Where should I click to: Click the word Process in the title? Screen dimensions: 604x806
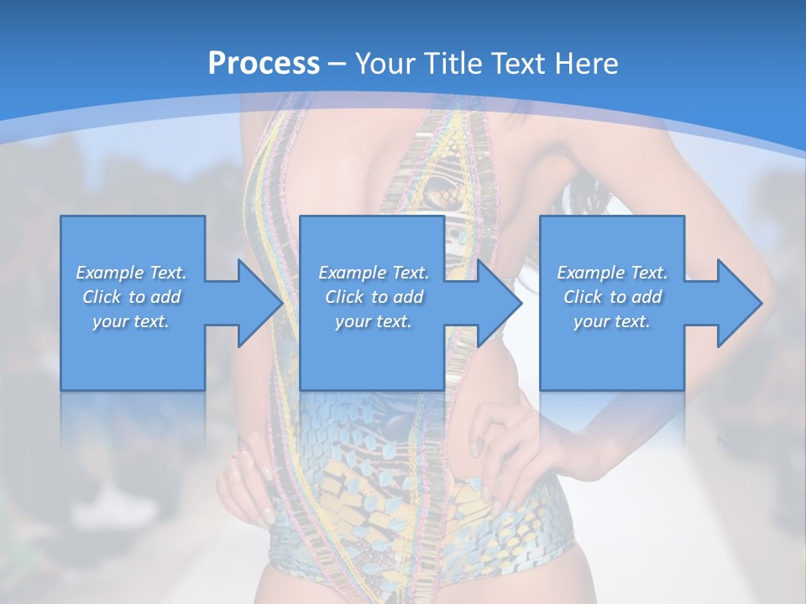tap(264, 63)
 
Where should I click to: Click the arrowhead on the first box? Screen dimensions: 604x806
tap(256, 303)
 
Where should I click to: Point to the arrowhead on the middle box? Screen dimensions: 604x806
tap(495, 303)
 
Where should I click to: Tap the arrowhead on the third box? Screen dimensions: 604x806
tap(735, 303)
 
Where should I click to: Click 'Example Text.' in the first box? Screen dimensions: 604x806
tap(131, 273)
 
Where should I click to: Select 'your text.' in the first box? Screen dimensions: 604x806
tap(131, 321)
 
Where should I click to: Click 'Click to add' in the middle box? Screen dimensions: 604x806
tap(374, 297)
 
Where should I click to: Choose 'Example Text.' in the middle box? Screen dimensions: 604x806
tap(374, 273)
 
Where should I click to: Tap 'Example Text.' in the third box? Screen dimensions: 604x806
tap(612, 273)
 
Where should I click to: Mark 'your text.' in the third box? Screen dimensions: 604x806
tap(612, 321)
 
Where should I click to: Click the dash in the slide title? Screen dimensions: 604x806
tap(338, 64)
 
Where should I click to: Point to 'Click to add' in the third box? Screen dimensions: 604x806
tap(612, 297)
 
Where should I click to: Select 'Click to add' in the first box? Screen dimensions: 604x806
tap(131, 297)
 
